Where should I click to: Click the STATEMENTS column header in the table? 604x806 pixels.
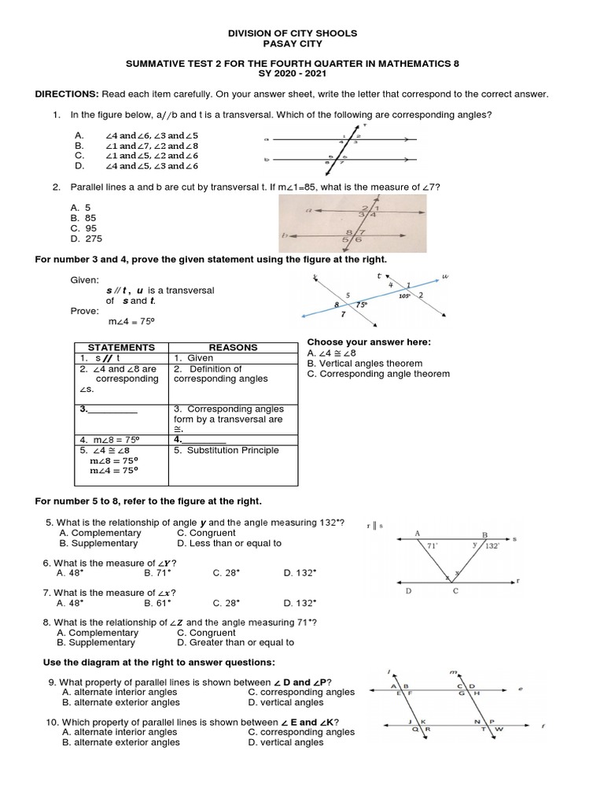click(x=121, y=347)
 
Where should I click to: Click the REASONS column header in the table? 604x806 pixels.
click(x=232, y=347)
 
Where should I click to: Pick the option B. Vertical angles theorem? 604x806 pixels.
click(x=364, y=364)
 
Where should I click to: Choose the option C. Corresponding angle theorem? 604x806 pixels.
click(x=378, y=374)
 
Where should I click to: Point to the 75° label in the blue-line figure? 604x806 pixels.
click(x=362, y=304)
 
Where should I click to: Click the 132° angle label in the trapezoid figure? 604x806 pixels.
click(x=492, y=545)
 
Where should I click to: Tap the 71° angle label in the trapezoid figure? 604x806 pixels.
click(x=432, y=544)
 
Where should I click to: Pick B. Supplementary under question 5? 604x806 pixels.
click(x=99, y=543)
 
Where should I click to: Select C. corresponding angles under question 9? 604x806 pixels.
click(x=301, y=692)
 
